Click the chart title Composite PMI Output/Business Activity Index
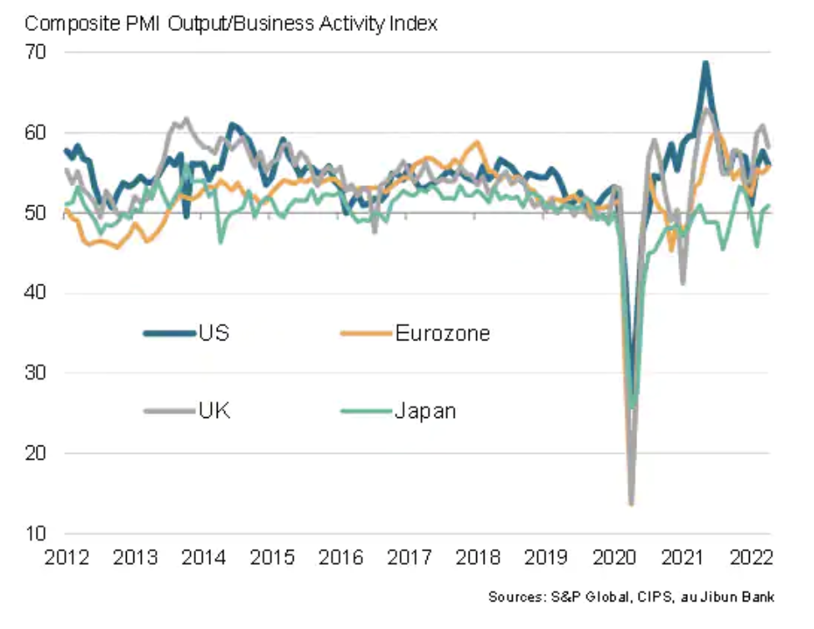231,23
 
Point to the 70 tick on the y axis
38,52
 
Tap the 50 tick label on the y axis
38,213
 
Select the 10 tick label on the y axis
38,533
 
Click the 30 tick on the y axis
38,373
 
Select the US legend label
214,334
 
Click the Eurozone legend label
442,334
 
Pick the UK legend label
214,410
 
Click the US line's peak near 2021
706,63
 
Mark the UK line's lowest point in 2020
631,503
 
